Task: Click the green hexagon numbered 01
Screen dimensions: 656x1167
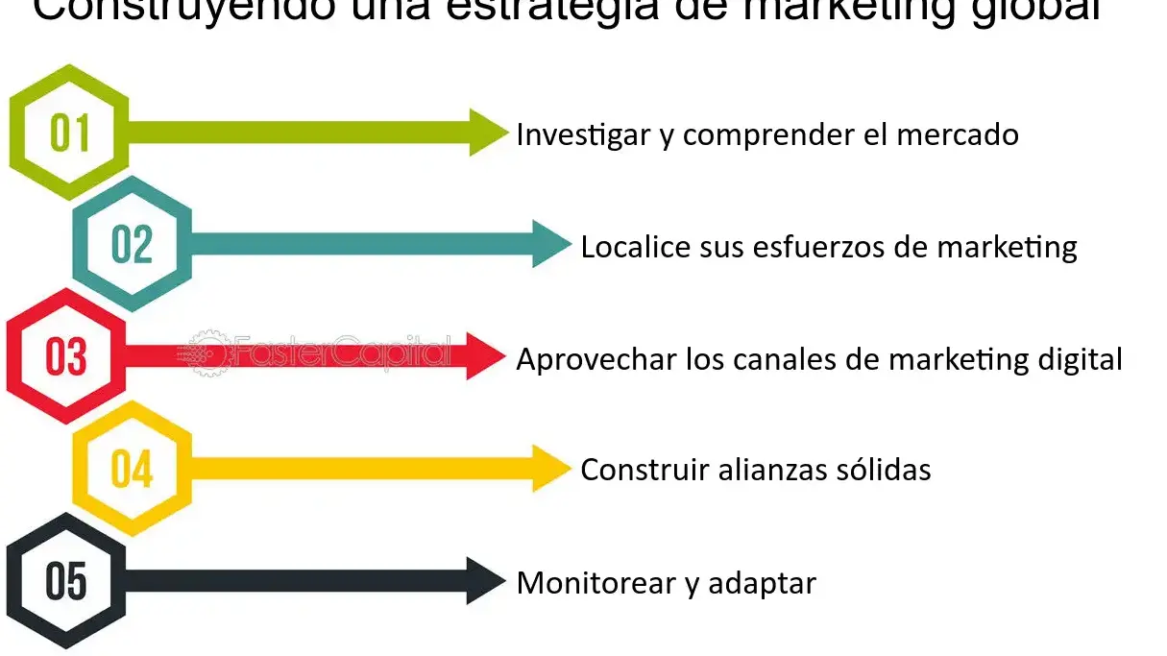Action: pos(69,133)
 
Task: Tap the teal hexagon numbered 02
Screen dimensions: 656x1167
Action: pos(133,244)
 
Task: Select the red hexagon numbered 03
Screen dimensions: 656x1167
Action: pos(66,356)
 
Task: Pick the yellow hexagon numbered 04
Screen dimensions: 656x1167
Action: pos(133,469)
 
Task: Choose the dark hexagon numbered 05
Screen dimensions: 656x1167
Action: pos(66,581)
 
